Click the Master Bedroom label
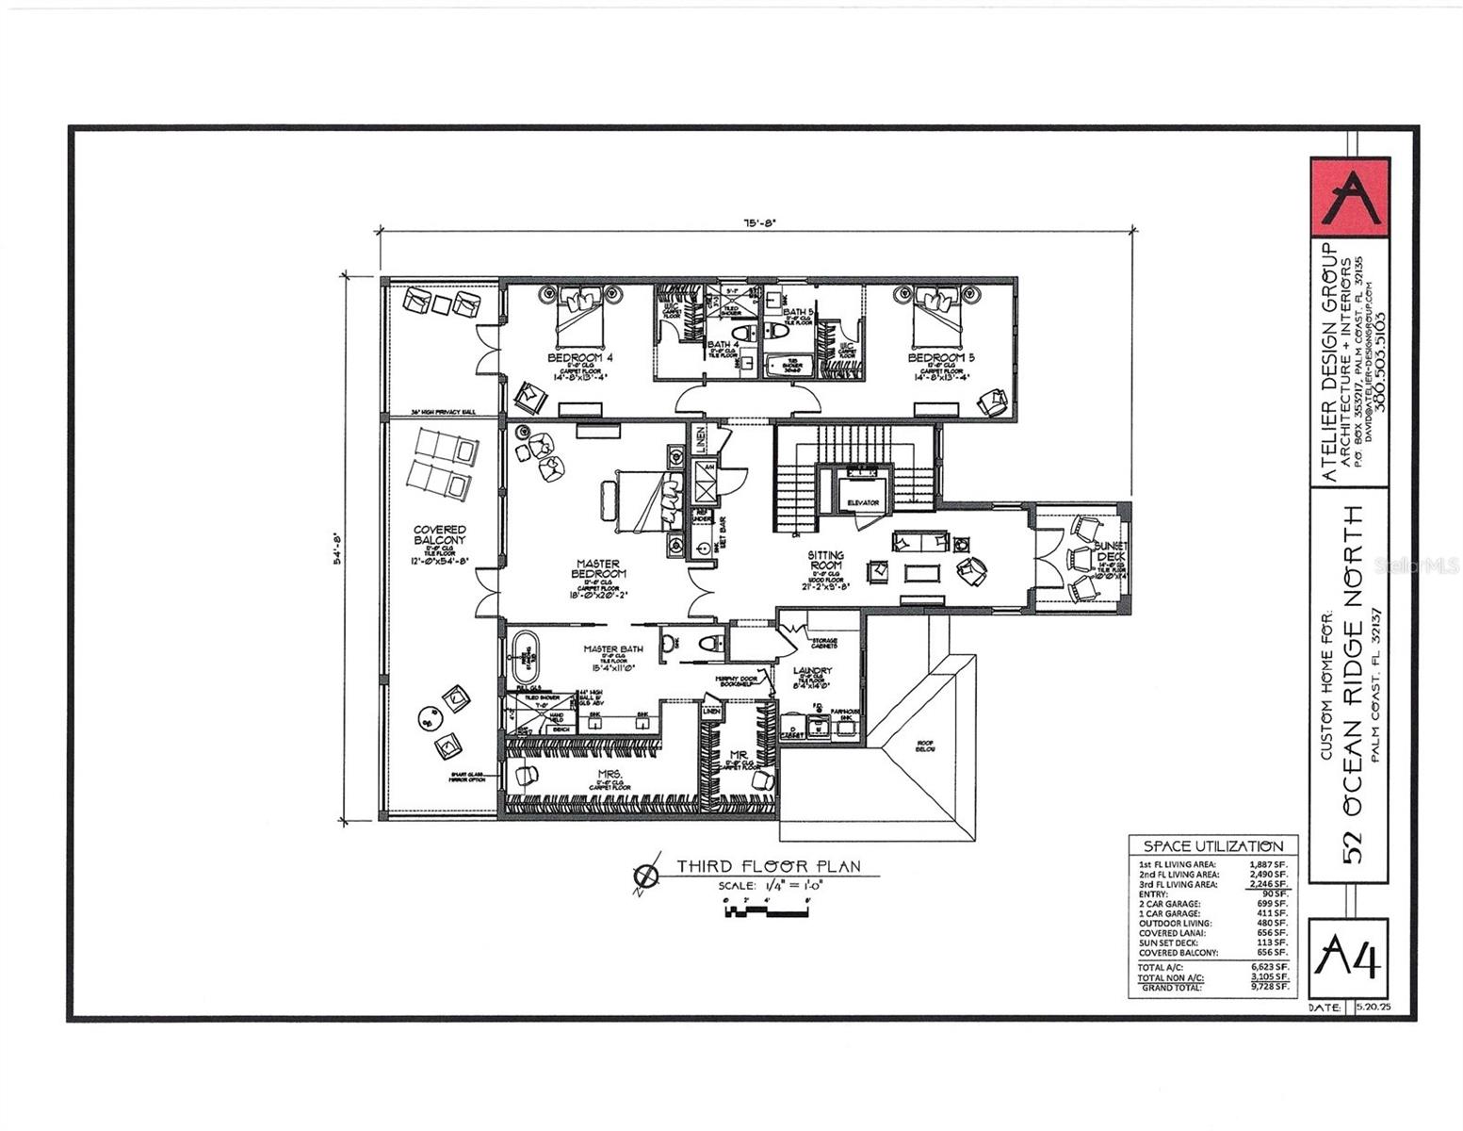pyautogui.click(x=598, y=568)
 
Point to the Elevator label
pyautogui.click(x=863, y=502)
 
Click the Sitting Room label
pyautogui.click(x=825, y=561)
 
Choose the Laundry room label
pyautogui.click(x=812, y=671)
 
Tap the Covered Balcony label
pyautogui.click(x=439, y=535)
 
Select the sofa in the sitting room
pyautogui.click(x=920, y=541)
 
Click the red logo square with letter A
pyautogui.click(x=1350, y=197)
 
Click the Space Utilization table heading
pyautogui.click(x=1212, y=846)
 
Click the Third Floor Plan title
pyautogui.click(x=768, y=867)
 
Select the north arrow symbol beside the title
pyautogui.click(x=646, y=877)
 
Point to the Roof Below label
pyautogui.click(x=927, y=745)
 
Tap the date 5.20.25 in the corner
pyautogui.click(x=1372, y=1008)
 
